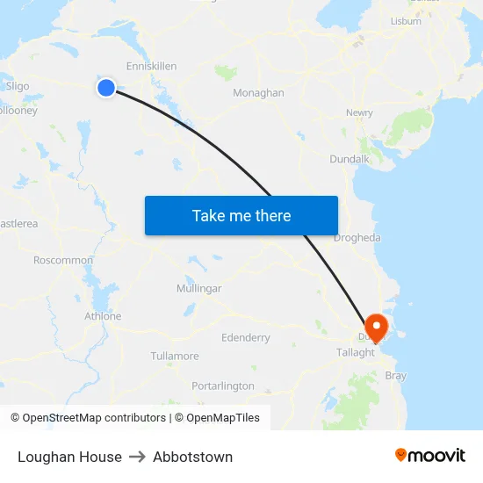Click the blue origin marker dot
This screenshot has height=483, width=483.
105,87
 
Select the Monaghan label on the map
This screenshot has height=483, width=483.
258,92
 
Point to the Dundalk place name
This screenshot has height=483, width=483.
349,159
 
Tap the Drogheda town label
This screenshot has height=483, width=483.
357,238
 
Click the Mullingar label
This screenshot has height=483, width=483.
198,288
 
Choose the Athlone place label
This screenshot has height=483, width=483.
103,316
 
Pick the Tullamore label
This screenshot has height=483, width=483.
175,356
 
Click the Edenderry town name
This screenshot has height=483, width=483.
246,337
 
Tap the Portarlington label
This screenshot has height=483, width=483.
223,386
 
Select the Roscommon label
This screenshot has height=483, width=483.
63,260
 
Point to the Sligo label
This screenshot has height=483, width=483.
18,86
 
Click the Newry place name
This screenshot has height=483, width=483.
359,112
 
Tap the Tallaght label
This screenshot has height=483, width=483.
356,352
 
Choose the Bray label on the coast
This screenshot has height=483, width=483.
396,376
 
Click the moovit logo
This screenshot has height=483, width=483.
430,455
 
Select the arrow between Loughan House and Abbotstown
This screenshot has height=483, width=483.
137,457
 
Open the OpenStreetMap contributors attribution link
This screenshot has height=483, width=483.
93,418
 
